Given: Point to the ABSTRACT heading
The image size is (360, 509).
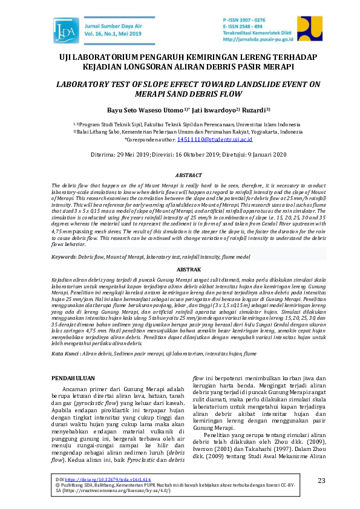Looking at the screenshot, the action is tap(180, 174).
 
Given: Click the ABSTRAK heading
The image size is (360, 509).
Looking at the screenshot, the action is tap(180, 267).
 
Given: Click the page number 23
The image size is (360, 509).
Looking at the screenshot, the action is tap(321, 480).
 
